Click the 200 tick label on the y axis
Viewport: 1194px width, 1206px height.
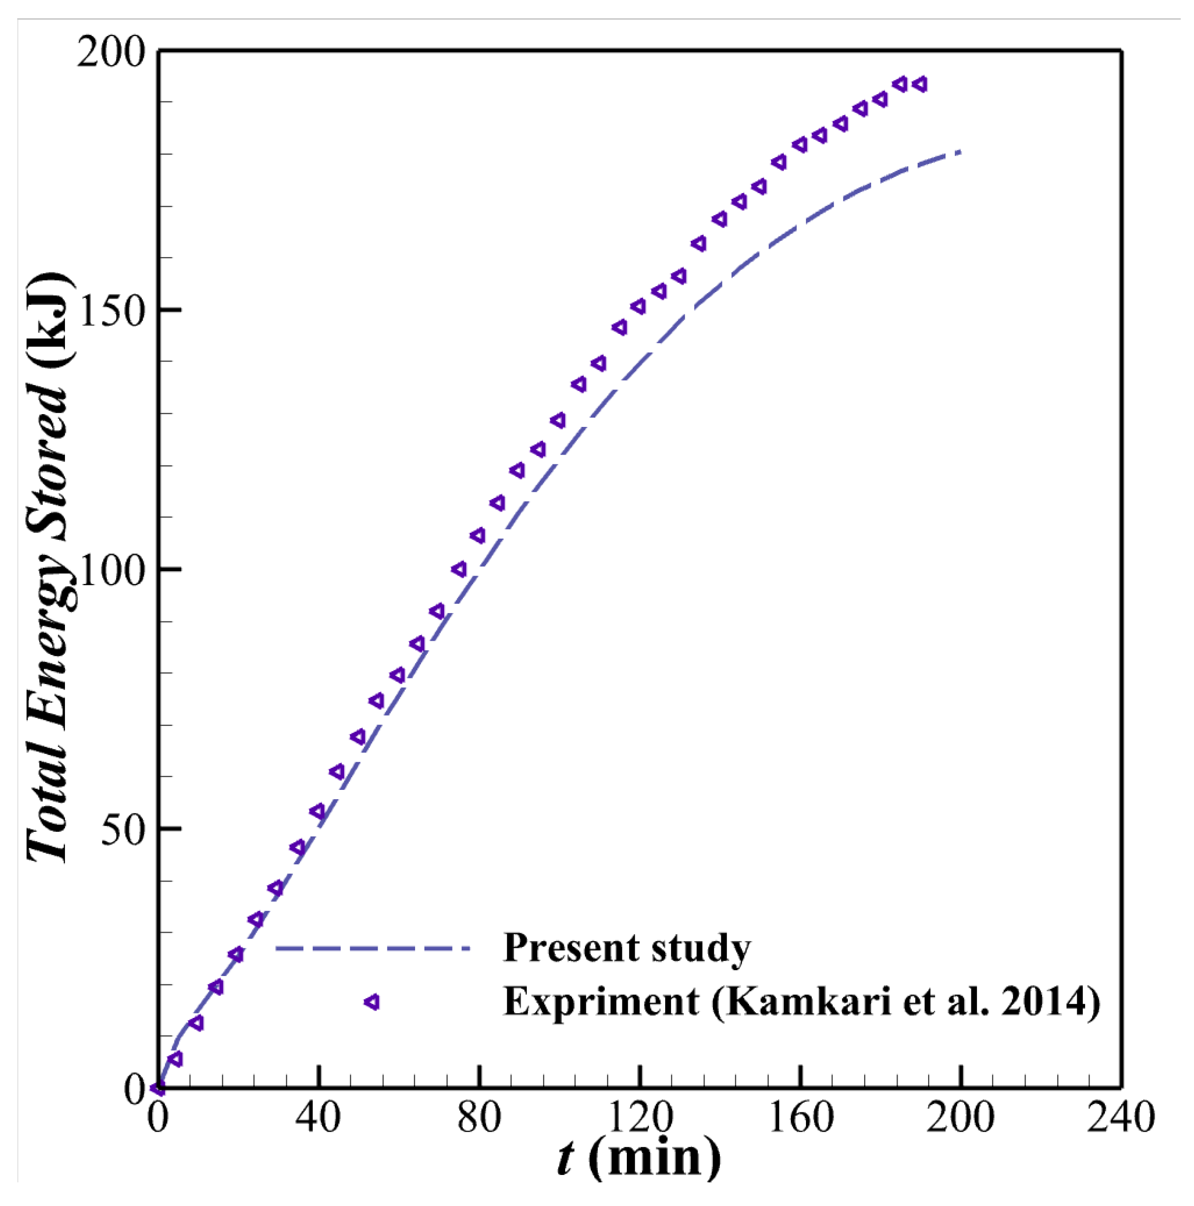click(x=110, y=52)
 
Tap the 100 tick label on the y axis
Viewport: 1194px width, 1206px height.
click(x=110, y=569)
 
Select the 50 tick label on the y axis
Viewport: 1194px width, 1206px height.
click(x=123, y=828)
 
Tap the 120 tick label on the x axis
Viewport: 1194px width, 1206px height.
click(x=639, y=1117)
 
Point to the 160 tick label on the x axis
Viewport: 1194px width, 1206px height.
click(x=800, y=1117)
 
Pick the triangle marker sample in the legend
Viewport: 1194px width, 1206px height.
click(x=372, y=1002)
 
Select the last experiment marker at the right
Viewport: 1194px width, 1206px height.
click(x=919, y=84)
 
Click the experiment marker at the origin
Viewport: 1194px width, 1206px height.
click(x=158, y=1089)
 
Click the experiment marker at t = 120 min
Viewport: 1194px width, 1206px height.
click(x=638, y=306)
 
